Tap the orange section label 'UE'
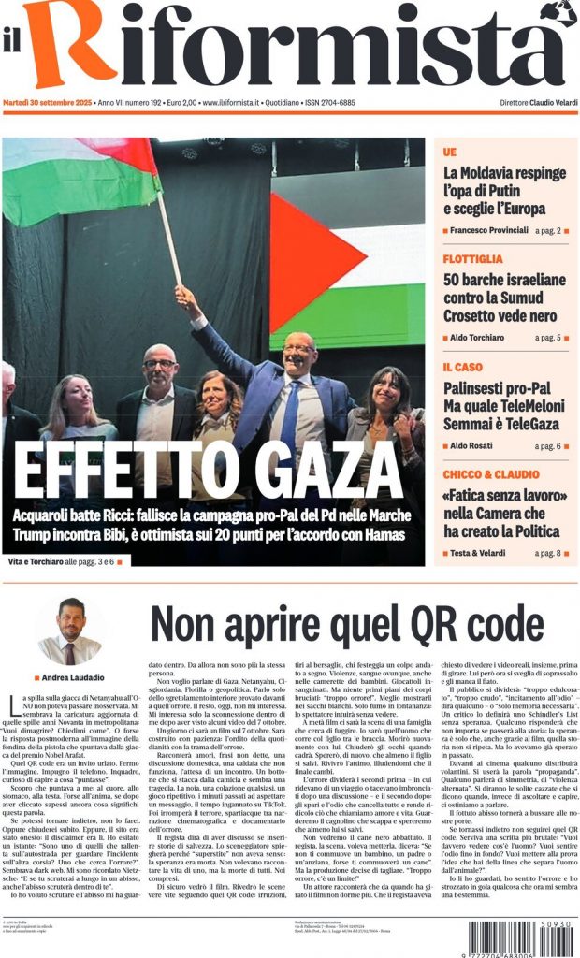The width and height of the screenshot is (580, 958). pos(450,152)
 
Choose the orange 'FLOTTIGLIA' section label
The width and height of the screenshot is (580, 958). pos(473,258)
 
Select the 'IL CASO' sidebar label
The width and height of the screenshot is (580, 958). pos(463,367)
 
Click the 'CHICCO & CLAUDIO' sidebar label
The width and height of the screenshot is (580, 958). pos(491,474)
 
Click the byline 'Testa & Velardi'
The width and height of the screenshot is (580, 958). pos(483,554)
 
